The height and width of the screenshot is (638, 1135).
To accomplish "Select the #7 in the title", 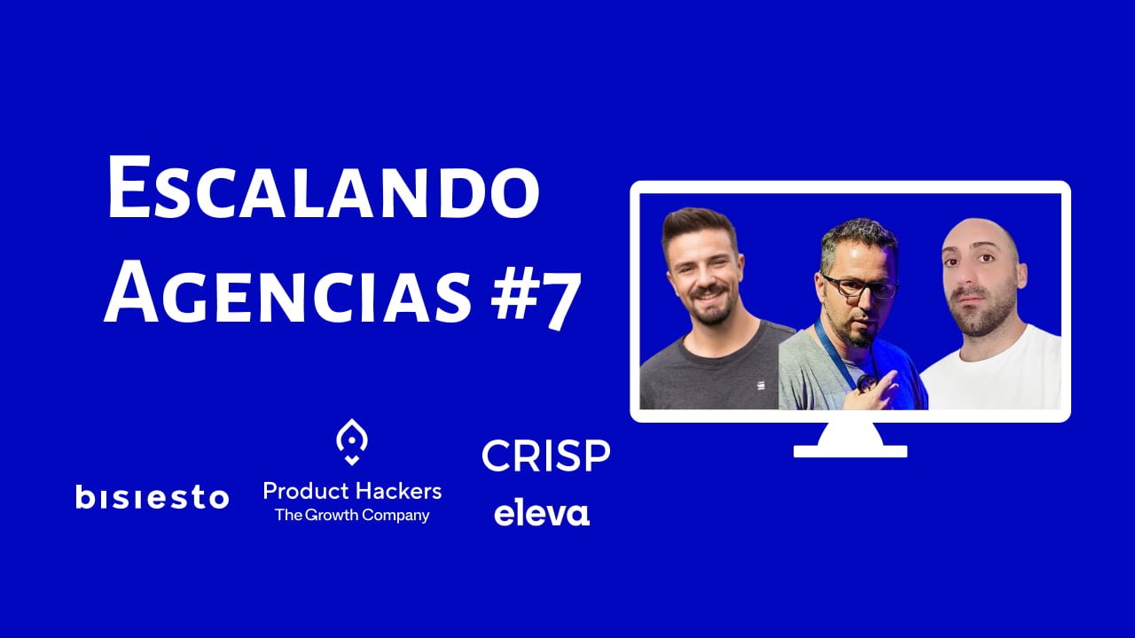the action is click(x=535, y=299).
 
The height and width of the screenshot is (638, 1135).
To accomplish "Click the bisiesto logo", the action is click(x=153, y=497).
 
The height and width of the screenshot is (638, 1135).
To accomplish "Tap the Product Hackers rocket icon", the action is click(x=352, y=442).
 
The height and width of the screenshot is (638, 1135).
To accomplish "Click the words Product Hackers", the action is click(x=353, y=491).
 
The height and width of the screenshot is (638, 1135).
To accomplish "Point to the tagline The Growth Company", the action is click(x=352, y=516).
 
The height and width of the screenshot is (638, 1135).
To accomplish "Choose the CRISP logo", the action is click(x=546, y=455).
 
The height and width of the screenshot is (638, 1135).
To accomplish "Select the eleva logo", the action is click(x=542, y=515).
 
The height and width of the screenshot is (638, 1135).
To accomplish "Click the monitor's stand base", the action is click(x=850, y=451).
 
